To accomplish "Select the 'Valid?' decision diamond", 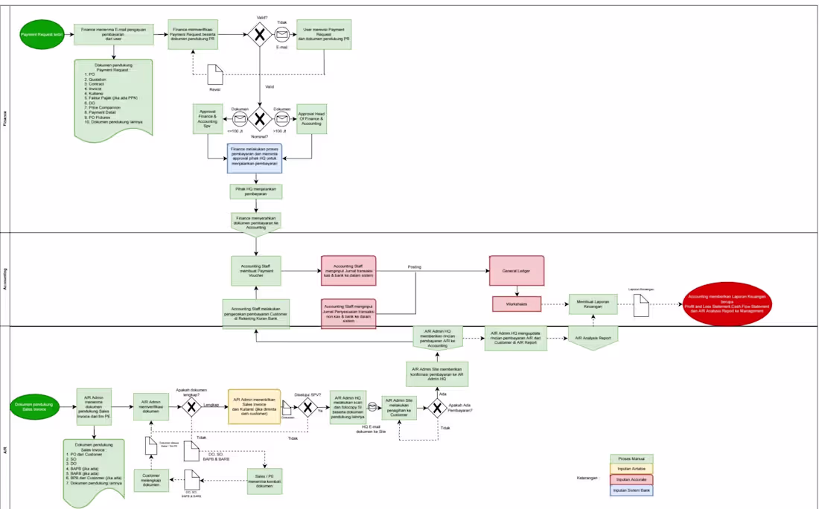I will pyautogui.click(x=260, y=34).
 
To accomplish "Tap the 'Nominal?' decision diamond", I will pyautogui.click(x=260, y=119).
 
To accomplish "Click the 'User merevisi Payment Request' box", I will pyautogui.click(x=325, y=34).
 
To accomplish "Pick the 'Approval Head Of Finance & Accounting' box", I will pyautogui.click(x=311, y=119).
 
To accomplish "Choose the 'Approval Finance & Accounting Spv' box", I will pyautogui.click(x=208, y=119).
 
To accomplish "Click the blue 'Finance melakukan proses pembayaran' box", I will pyautogui.click(x=255, y=159).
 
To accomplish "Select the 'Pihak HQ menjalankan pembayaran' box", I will pyautogui.click(x=255, y=192).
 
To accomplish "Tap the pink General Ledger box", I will pyautogui.click(x=516, y=271).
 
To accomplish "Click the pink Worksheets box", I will pyautogui.click(x=516, y=304).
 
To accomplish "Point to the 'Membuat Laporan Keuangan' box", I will pyautogui.click(x=593, y=303).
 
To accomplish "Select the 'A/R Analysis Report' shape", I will pyautogui.click(x=593, y=338).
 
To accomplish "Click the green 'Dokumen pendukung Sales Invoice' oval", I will pyautogui.click(x=34, y=406).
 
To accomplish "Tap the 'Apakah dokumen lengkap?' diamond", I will pyautogui.click(x=191, y=406).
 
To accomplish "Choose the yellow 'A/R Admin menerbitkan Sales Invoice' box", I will pyautogui.click(x=254, y=406).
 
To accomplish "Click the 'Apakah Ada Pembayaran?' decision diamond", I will pyautogui.click(x=437, y=407).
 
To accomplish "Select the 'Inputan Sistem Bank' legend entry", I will pyautogui.click(x=631, y=490).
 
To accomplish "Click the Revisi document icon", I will pyautogui.click(x=215, y=74).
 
